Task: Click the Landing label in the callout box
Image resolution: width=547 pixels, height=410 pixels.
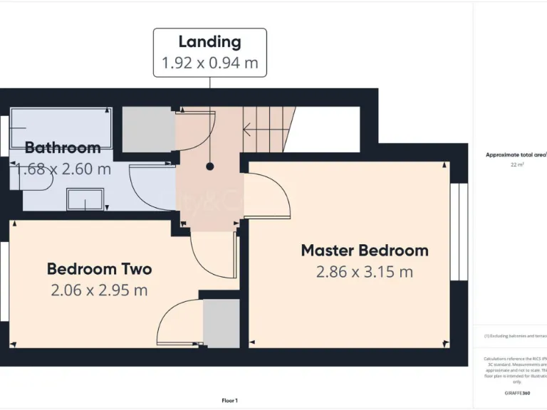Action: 209,42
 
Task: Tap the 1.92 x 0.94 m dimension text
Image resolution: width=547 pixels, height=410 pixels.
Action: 209,63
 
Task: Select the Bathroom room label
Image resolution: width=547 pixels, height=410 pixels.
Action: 63,148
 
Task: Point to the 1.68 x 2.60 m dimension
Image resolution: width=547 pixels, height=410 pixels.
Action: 63,169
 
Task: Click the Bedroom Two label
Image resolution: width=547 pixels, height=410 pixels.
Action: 99,269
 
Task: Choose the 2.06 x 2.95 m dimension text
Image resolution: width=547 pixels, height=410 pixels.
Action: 99,290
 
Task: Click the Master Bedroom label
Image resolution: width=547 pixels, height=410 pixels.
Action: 365,251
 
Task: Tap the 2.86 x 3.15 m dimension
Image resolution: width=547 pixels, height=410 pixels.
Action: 365,271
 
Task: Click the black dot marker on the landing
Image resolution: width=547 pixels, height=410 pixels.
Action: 210,167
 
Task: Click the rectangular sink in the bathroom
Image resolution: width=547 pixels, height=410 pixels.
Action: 85,199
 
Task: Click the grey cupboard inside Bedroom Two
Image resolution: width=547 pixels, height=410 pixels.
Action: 222,324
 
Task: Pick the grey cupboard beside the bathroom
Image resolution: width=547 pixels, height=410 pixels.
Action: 149,129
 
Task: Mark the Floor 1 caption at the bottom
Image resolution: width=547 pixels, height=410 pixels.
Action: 229,401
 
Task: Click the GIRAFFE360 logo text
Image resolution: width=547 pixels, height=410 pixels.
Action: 516,393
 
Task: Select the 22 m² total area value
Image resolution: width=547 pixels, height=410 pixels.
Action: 516,164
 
